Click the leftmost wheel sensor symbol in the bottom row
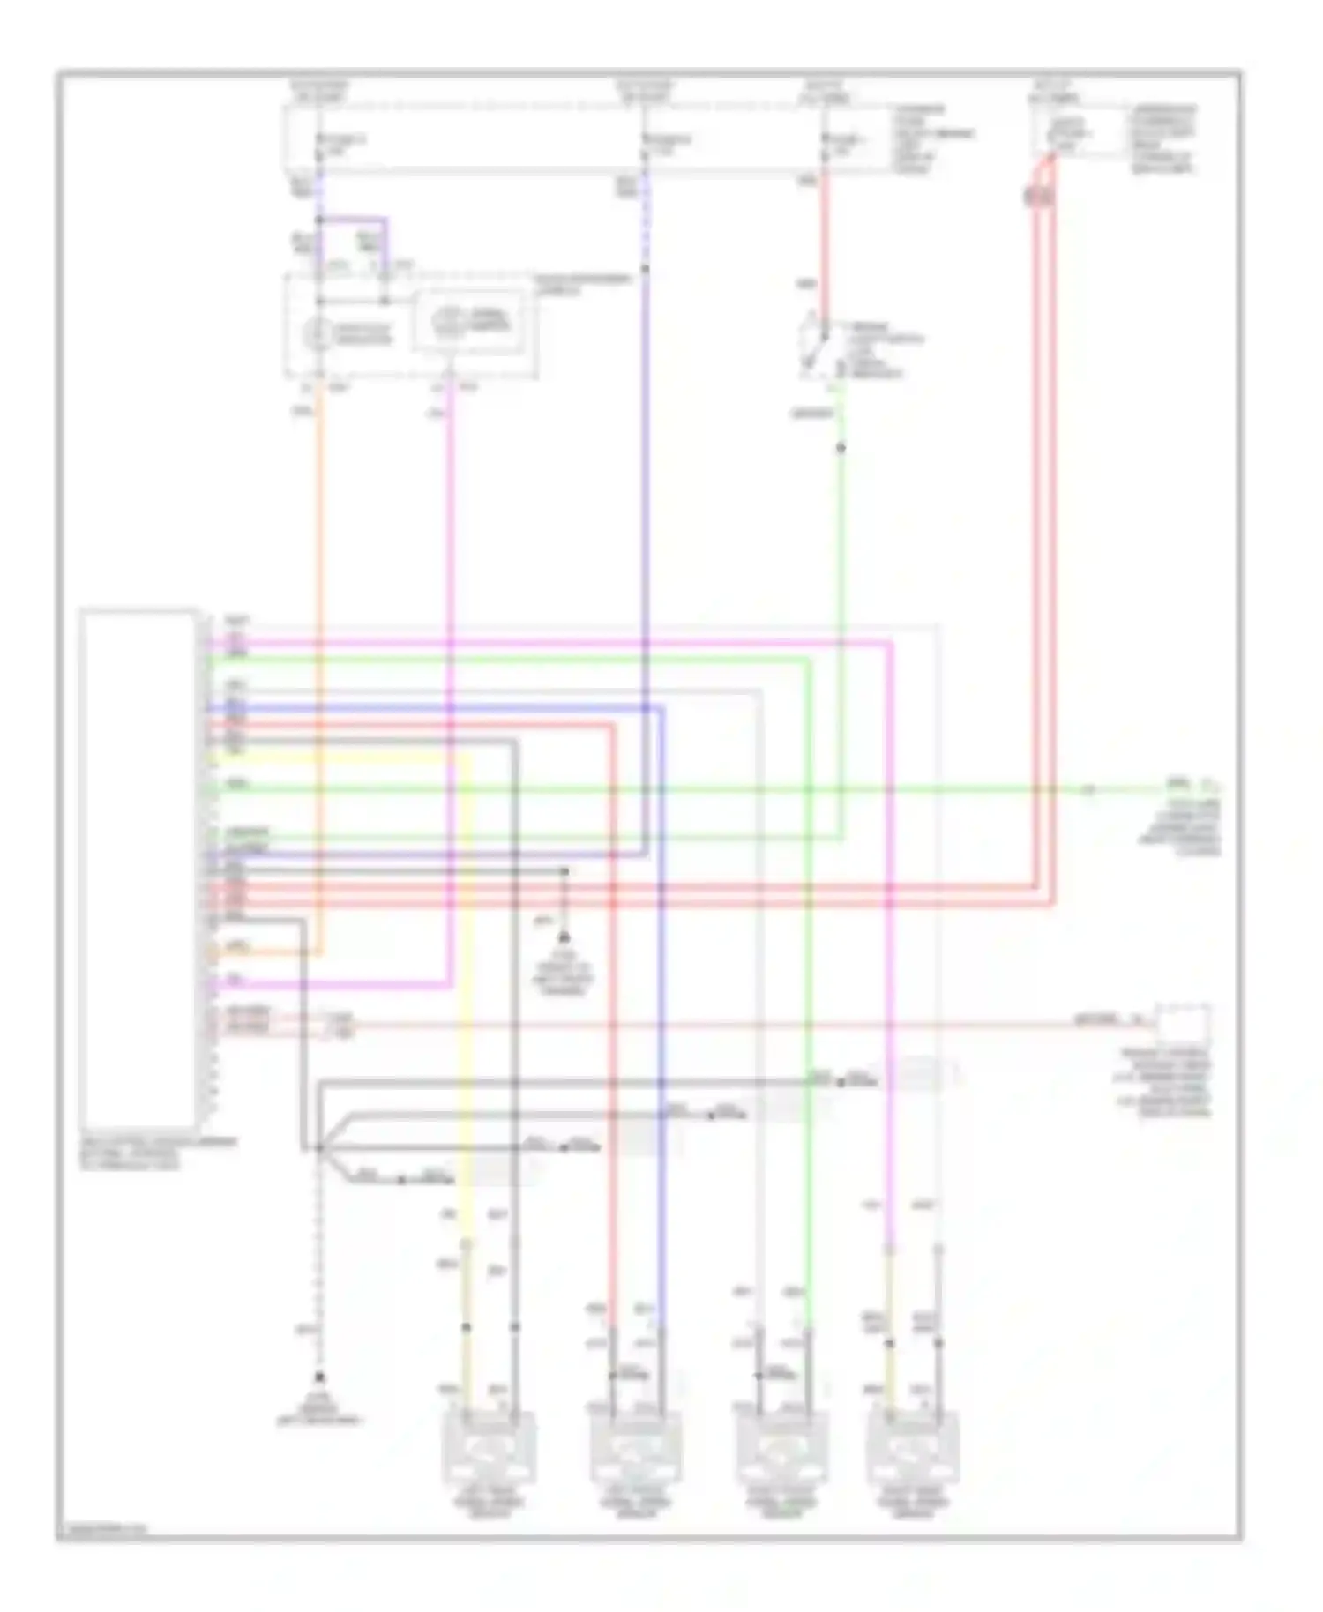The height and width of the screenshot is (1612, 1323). click(488, 1448)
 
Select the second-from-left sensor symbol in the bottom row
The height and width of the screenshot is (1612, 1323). click(634, 1448)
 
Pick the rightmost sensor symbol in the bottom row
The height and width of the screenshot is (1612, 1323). click(912, 1448)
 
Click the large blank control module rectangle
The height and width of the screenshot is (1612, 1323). click(138, 864)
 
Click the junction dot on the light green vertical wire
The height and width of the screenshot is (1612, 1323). click(841, 448)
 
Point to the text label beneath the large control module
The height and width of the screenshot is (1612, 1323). click(158, 1153)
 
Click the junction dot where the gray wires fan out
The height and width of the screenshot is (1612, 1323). click(319, 1148)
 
